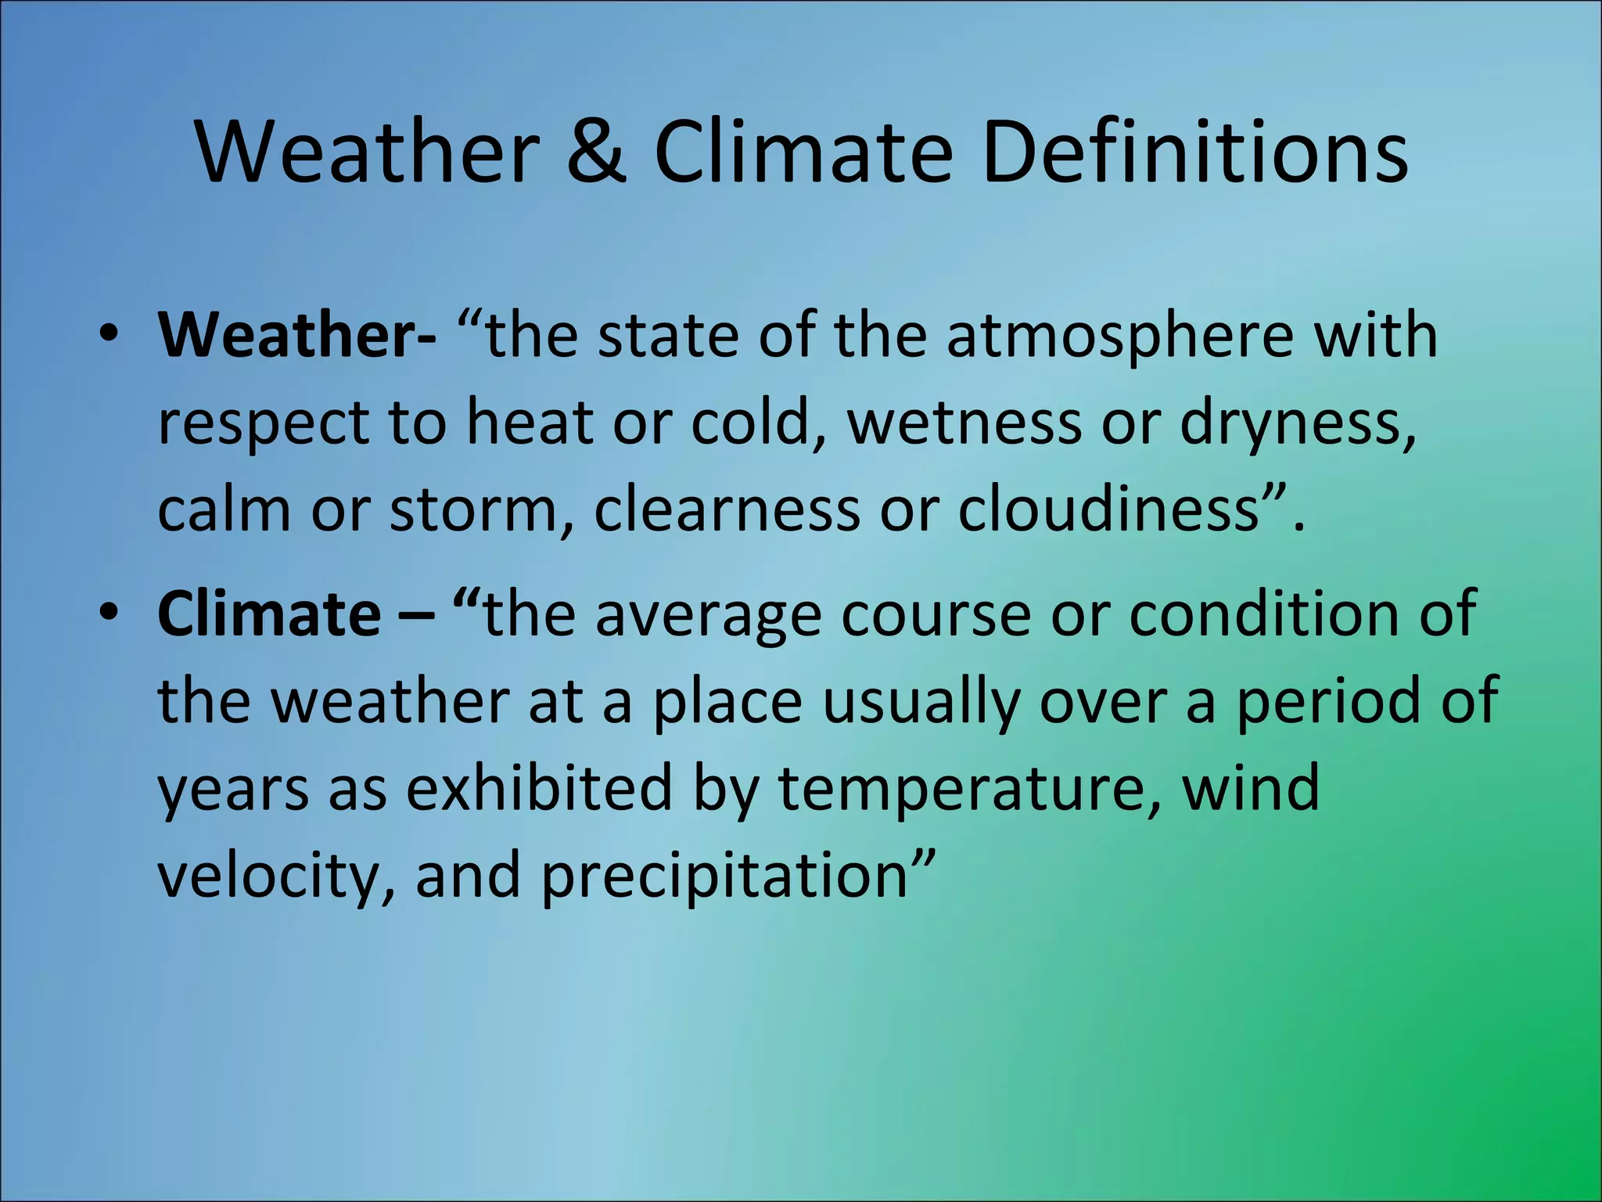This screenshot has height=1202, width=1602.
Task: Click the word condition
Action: (1264, 614)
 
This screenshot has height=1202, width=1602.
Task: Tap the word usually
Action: (921, 703)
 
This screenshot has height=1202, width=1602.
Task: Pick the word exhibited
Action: (540, 789)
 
